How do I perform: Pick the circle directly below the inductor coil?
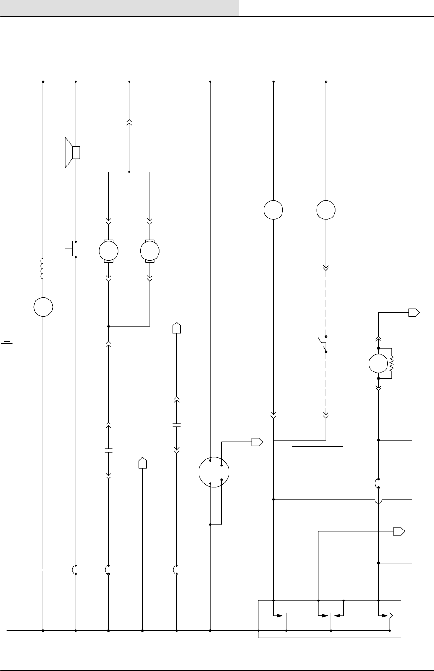point(43,306)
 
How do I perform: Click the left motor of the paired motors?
point(108,251)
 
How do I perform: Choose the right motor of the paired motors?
point(150,251)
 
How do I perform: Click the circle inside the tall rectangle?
point(326,210)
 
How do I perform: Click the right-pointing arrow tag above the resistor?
point(414,313)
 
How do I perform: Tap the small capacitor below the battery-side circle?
point(43,570)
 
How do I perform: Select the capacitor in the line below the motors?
point(109,450)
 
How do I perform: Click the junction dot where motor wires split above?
point(129,172)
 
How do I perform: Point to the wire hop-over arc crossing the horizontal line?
point(378,500)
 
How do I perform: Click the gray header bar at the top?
point(119,7)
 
